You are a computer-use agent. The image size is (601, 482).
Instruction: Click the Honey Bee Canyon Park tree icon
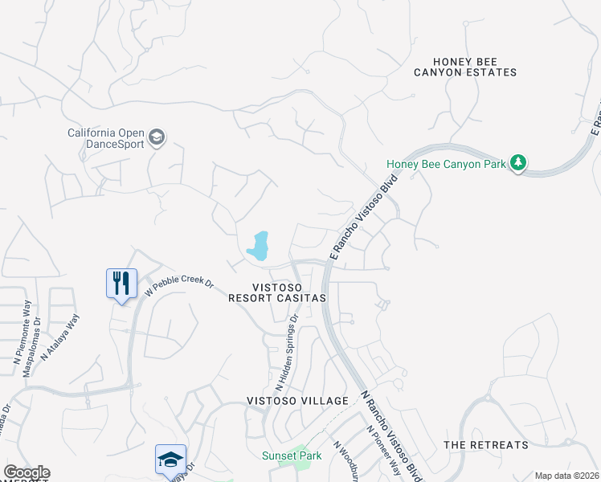coord(520,164)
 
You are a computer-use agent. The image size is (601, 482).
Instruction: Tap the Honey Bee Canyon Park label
coord(446,164)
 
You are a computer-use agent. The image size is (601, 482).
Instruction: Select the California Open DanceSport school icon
coord(157,138)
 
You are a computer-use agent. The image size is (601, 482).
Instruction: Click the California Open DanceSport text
coord(105,138)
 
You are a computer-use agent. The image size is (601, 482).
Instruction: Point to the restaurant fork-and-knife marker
coord(122,284)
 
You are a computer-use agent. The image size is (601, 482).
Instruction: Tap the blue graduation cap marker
coord(170,460)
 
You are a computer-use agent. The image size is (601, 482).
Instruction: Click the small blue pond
coord(259,247)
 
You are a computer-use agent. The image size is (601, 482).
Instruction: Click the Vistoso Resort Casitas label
coord(277,292)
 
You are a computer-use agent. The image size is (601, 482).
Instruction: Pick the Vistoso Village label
coord(297,400)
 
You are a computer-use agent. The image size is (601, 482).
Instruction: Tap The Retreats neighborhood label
coord(486,444)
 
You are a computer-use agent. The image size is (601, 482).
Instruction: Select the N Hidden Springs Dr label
coord(286,351)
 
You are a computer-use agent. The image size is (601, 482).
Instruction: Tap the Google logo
coord(27,472)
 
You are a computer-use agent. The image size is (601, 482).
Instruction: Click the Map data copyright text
coord(566,476)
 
